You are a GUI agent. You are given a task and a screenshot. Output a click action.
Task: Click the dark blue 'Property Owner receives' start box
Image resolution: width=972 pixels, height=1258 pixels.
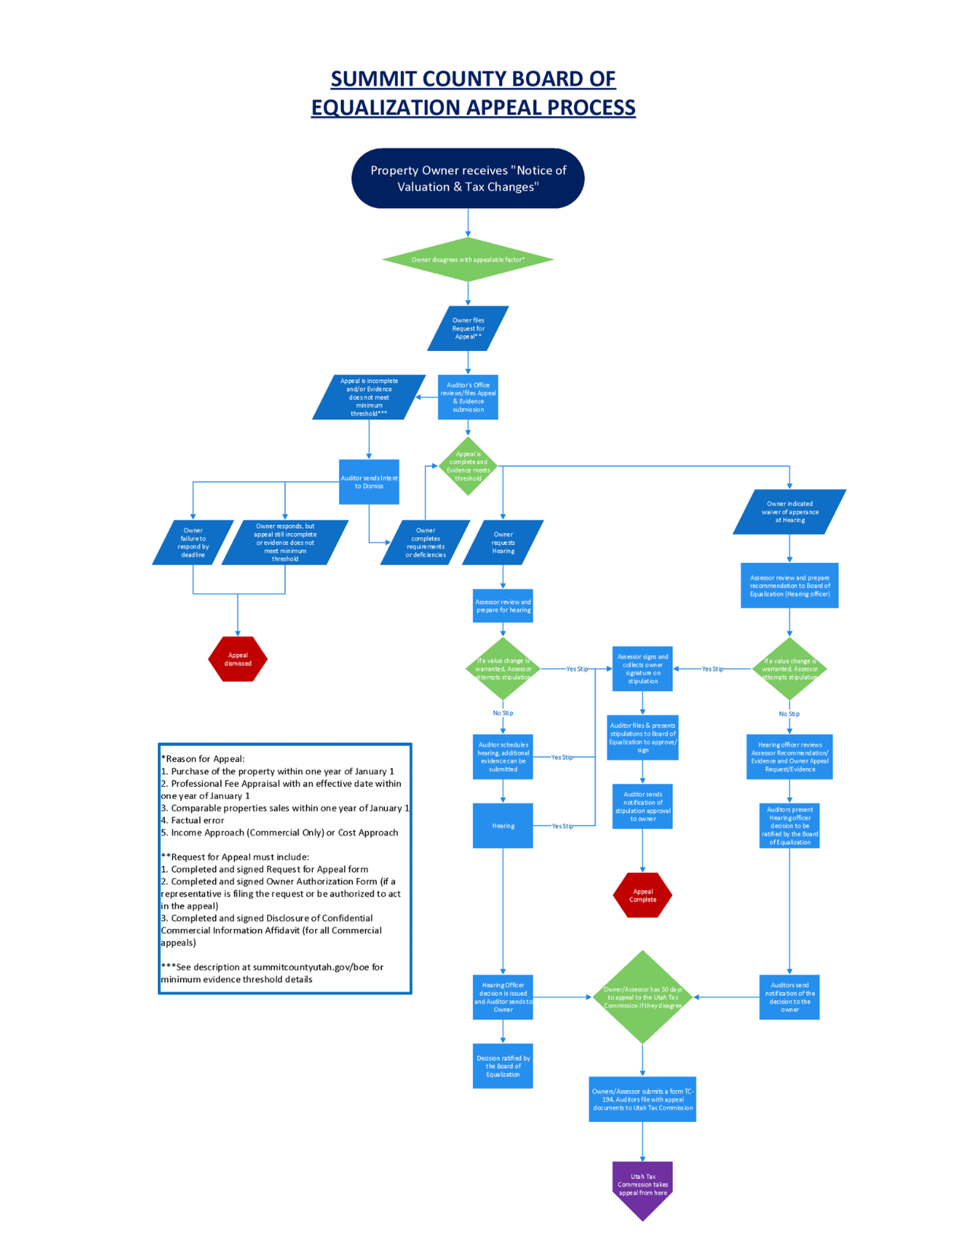(x=468, y=179)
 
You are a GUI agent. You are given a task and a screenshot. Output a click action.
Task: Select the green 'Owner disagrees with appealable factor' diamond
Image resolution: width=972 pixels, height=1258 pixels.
(x=468, y=260)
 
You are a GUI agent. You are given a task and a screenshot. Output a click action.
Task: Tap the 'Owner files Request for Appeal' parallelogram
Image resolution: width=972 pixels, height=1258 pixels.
(x=468, y=328)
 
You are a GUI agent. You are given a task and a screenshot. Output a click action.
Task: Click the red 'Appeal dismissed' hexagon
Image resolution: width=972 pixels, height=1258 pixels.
(x=238, y=659)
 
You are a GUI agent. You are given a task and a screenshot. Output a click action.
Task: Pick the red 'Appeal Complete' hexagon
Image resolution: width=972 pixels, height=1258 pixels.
(x=642, y=895)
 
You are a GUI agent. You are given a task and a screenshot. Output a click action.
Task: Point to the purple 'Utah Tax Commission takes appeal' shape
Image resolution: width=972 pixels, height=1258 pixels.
(x=642, y=1187)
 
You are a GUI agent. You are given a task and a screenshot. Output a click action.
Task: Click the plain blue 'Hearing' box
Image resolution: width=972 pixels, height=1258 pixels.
(x=503, y=825)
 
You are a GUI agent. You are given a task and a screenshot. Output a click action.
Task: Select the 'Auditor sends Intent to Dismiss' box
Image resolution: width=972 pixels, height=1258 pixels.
(x=369, y=482)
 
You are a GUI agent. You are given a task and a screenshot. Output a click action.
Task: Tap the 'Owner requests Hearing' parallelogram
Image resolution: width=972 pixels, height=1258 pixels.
(x=503, y=542)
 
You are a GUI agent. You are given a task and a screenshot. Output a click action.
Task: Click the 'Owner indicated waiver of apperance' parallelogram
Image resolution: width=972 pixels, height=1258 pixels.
(x=789, y=511)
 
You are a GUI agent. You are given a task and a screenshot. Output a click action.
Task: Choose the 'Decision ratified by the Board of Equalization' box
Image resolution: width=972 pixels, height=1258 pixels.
(x=503, y=1066)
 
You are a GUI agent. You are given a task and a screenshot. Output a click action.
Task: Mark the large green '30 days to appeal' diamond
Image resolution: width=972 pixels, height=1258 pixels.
(x=642, y=997)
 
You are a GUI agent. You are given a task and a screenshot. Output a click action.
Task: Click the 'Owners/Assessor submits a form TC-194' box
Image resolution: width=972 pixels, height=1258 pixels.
(x=642, y=1098)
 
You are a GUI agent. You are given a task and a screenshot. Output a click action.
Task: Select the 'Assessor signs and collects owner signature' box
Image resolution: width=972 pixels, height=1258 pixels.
(x=642, y=669)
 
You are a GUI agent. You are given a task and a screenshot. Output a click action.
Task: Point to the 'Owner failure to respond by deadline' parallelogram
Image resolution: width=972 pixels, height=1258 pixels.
(x=193, y=542)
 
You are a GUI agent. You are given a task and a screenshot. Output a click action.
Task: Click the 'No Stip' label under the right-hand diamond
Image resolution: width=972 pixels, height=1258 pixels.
(x=789, y=713)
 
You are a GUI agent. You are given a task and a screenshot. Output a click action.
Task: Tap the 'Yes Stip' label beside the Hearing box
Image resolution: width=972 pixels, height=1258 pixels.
(x=562, y=826)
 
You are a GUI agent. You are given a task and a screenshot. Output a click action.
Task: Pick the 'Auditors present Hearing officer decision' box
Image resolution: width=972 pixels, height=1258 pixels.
(x=789, y=825)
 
